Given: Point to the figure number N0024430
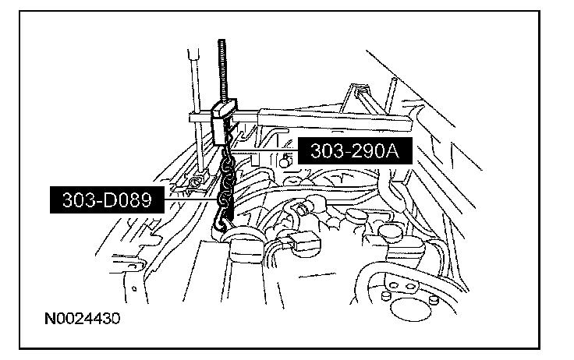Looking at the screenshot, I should (x=81, y=319).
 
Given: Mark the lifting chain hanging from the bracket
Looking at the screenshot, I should (x=226, y=183).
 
